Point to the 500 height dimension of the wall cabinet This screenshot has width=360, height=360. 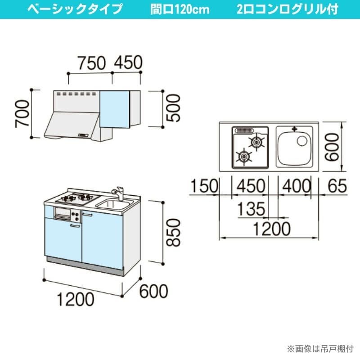(x=173, y=108)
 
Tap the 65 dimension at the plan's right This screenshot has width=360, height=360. (x=337, y=186)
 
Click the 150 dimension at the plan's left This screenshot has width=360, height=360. (x=203, y=186)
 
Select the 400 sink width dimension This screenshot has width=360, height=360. (x=295, y=186)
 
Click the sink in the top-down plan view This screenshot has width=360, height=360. (x=292, y=149)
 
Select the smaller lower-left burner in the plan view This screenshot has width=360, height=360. (x=243, y=157)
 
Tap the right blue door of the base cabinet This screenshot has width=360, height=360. (x=103, y=239)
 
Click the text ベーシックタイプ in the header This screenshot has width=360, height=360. (x=74, y=9)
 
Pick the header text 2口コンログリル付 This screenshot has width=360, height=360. (x=287, y=9)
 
